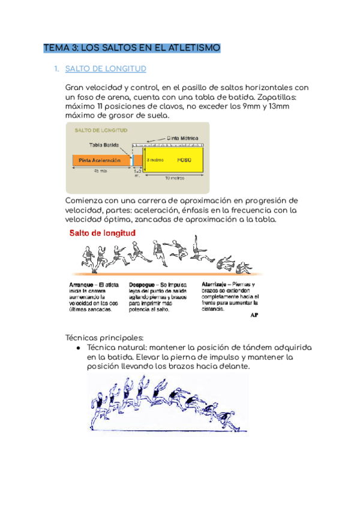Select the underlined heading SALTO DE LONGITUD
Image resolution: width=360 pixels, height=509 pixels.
[106, 69]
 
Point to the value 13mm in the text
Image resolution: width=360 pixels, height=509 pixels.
[278, 106]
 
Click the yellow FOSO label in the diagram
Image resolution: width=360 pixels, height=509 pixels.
[184, 160]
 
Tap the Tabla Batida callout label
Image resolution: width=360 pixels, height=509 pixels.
[104, 145]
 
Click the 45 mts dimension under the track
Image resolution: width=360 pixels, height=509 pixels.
[100, 171]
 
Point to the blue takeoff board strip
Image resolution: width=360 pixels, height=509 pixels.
[132, 160]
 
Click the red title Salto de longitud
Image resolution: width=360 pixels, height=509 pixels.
[103, 233]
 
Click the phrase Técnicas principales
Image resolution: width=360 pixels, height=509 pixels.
[104, 337]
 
